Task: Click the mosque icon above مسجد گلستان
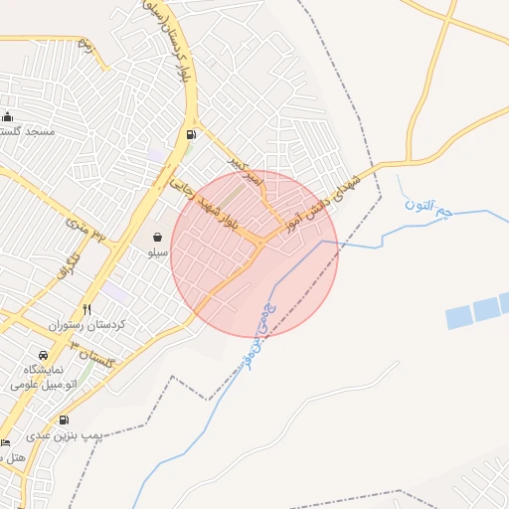pos(8,116)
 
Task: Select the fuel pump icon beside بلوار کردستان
pos(190,134)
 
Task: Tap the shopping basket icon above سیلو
pos(158,238)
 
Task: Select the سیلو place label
pos(158,253)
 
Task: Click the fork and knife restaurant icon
pos(87,310)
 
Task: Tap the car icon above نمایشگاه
pos(43,356)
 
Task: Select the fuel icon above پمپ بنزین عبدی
pos(65,421)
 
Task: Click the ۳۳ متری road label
pos(85,231)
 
